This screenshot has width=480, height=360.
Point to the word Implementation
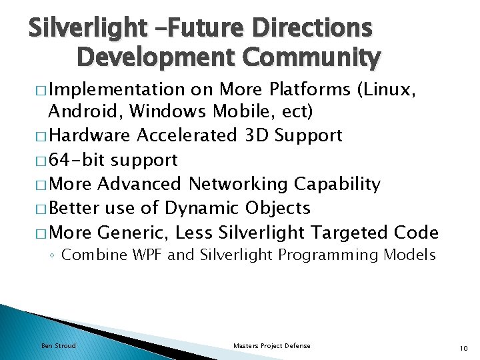point(117,89)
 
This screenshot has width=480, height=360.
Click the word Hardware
point(90,135)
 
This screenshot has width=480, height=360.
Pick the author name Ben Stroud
point(59,345)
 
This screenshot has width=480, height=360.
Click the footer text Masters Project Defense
point(271,345)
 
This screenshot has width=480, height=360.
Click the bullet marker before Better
point(41,209)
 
